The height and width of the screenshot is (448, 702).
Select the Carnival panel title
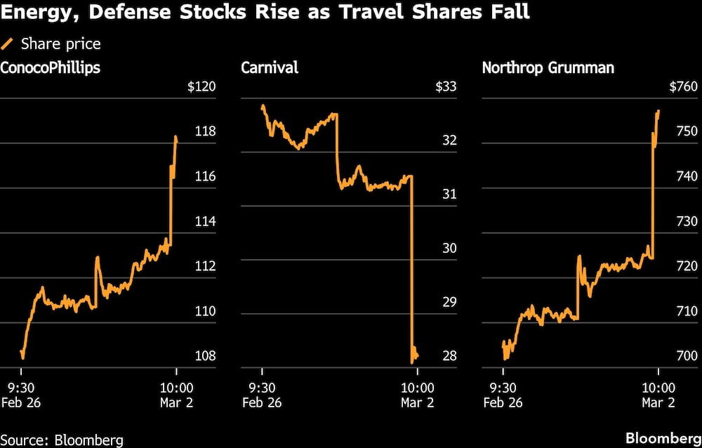click(x=270, y=67)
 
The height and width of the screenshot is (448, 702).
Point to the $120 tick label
click(x=201, y=87)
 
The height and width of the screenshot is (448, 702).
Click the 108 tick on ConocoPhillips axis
click(x=206, y=355)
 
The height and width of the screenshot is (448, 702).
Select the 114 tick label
click(x=206, y=221)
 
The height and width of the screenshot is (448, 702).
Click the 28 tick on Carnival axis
click(x=449, y=355)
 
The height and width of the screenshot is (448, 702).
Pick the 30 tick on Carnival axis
click(x=449, y=248)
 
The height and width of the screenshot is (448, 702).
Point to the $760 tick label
click(x=684, y=87)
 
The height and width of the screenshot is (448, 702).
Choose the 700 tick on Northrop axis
click(x=687, y=355)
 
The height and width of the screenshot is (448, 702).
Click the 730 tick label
click(x=687, y=221)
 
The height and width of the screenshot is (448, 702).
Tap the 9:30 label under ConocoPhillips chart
click(x=21, y=387)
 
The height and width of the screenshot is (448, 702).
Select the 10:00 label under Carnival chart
click(x=418, y=387)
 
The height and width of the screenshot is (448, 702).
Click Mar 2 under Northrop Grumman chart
click(x=658, y=402)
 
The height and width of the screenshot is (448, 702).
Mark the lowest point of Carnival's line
click(x=412, y=362)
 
